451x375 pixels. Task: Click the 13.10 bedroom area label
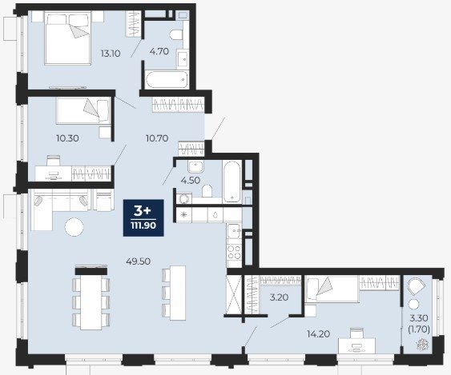[111, 54]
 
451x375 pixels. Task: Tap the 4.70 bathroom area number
[159, 52]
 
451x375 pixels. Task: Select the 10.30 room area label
[67, 138]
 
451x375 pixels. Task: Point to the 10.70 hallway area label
[157, 138]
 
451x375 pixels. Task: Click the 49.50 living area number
[139, 261]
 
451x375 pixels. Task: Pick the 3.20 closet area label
[279, 297]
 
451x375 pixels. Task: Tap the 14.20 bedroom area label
[318, 334]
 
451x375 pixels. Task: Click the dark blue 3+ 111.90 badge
[143, 218]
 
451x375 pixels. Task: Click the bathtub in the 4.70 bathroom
[167, 79]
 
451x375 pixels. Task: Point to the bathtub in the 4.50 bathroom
[232, 182]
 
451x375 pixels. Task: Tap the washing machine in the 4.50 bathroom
[183, 198]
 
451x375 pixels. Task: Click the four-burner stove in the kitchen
[234, 252]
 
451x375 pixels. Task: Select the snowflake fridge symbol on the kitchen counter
[183, 214]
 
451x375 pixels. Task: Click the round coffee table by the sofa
[74, 227]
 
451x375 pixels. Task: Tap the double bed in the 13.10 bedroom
[68, 38]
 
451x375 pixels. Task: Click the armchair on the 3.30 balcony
[416, 286]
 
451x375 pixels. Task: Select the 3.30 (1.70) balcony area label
[419, 324]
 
